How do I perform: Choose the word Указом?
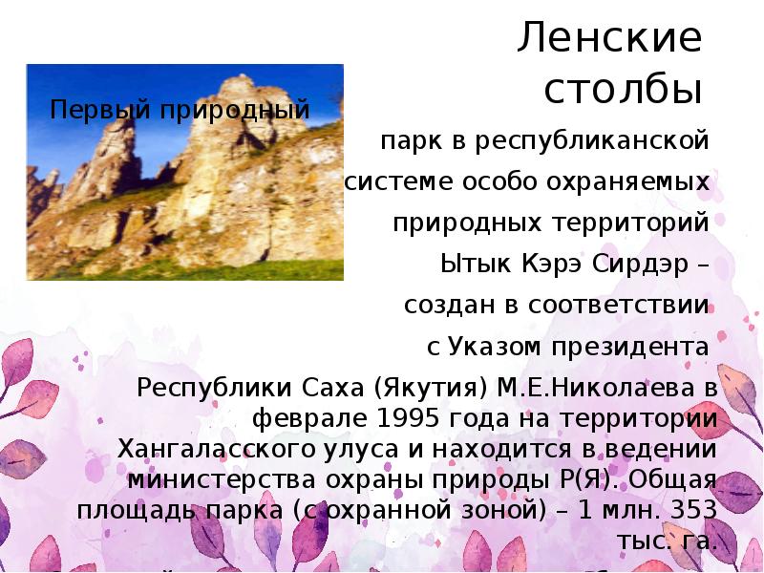coord(491,347)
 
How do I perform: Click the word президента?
coord(628,347)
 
